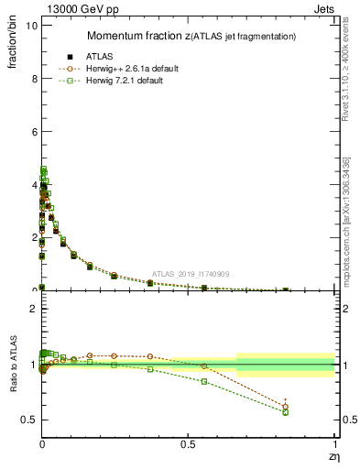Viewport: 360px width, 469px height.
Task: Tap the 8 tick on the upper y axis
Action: pyautogui.click(x=33, y=79)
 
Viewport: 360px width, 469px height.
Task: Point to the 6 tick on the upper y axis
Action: pyautogui.click(x=33, y=132)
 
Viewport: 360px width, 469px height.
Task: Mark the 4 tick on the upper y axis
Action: pyautogui.click(x=33, y=184)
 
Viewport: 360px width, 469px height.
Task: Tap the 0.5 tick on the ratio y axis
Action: pyautogui.click(x=28, y=420)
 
